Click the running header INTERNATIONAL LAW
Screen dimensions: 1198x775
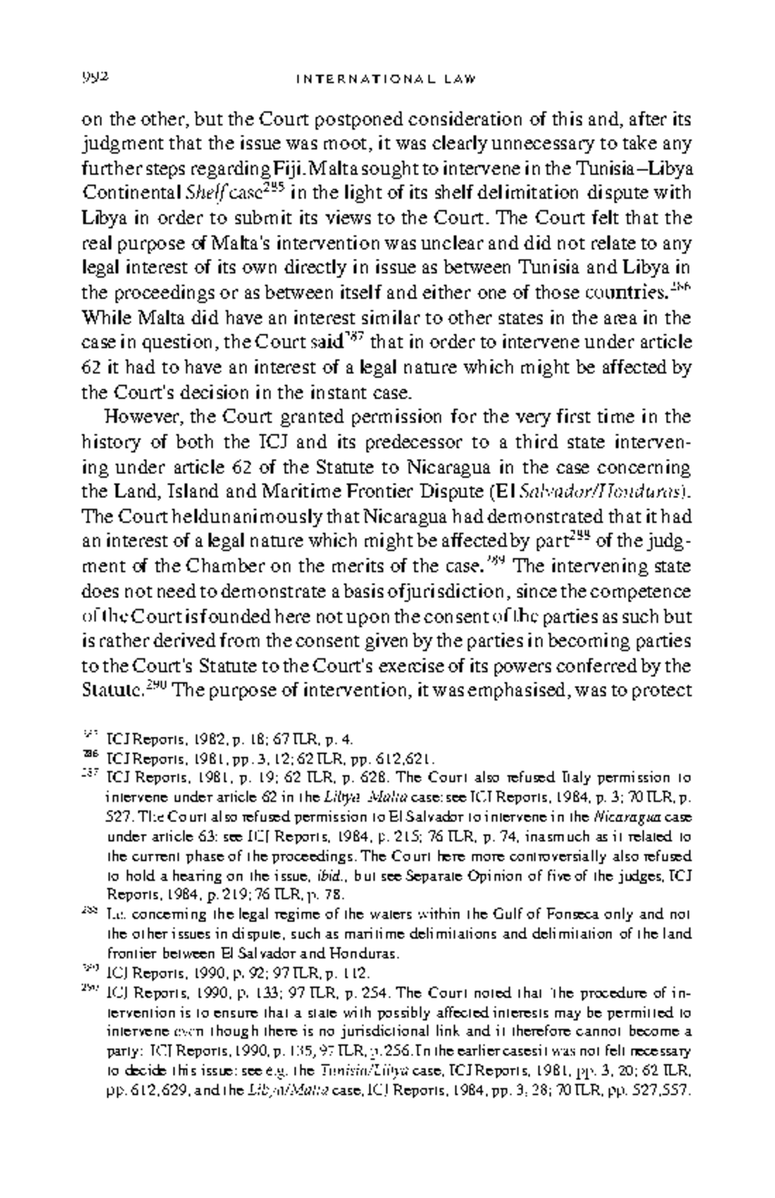point(386,79)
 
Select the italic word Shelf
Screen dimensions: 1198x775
point(202,193)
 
